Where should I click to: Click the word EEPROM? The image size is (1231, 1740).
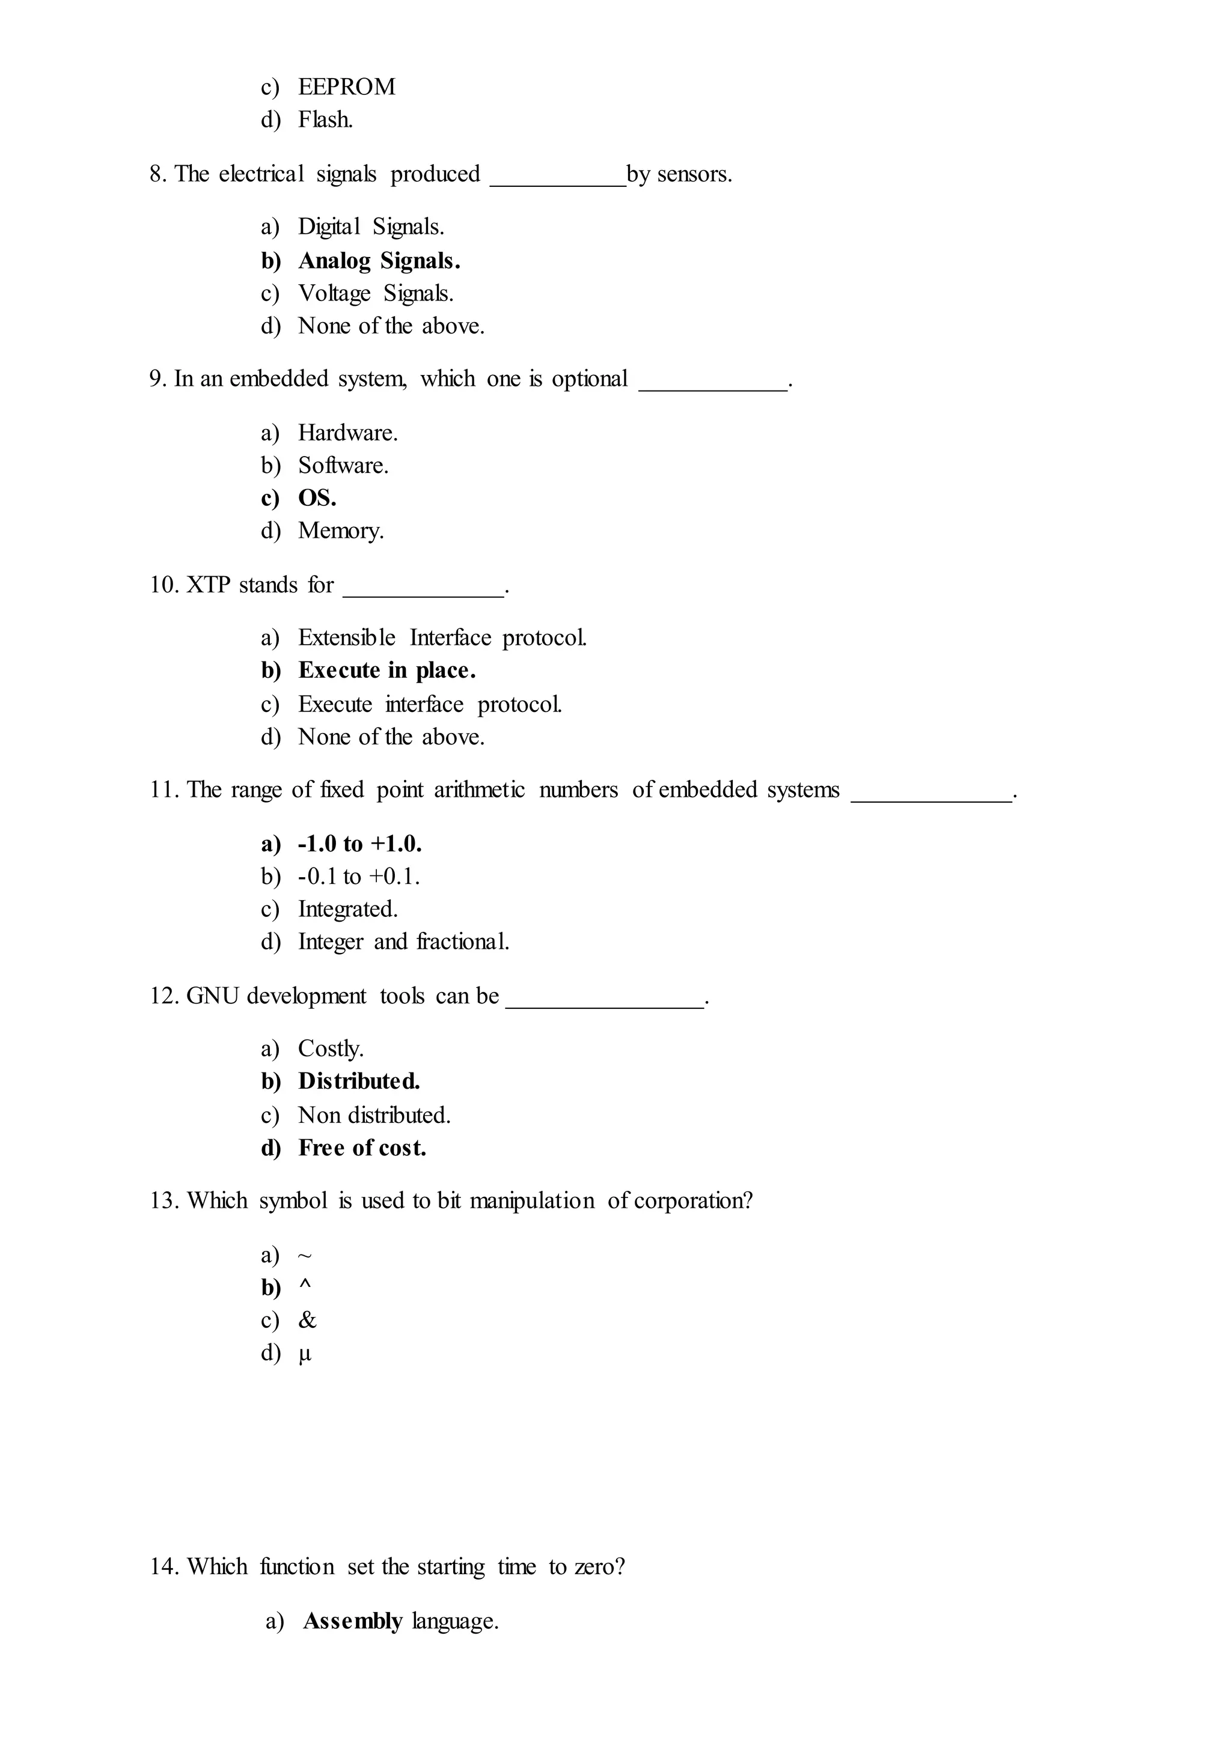click(346, 87)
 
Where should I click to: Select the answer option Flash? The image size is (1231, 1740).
click(325, 120)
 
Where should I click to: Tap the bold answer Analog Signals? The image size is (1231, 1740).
click(379, 261)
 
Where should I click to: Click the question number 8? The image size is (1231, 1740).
click(157, 174)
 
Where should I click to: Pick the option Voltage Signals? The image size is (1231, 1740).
click(375, 293)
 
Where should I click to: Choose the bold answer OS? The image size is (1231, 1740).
click(317, 498)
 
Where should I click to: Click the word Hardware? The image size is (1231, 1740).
click(347, 433)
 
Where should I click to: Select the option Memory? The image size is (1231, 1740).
click(340, 531)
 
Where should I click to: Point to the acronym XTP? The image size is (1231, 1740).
click(208, 585)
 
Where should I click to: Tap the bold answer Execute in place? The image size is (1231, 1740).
click(386, 671)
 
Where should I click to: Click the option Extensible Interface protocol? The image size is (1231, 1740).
click(442, 637)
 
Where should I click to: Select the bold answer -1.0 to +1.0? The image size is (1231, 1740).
click(359, 844)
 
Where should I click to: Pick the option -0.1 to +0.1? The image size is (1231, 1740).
click(358, 877)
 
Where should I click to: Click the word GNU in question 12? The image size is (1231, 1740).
click(212, 996)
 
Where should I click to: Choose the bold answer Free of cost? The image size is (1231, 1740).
click(362, 1148)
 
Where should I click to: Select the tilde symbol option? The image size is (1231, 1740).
click(305, 1256)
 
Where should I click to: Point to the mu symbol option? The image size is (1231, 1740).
click(305, 1354)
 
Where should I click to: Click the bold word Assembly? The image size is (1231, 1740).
click(352, 1622)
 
